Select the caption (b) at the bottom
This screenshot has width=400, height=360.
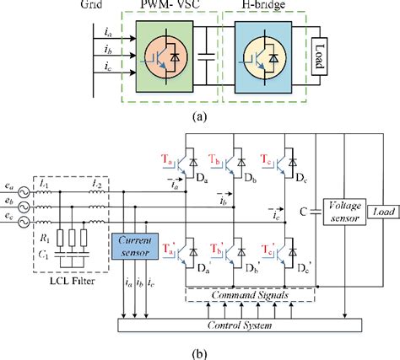pos(200,351)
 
